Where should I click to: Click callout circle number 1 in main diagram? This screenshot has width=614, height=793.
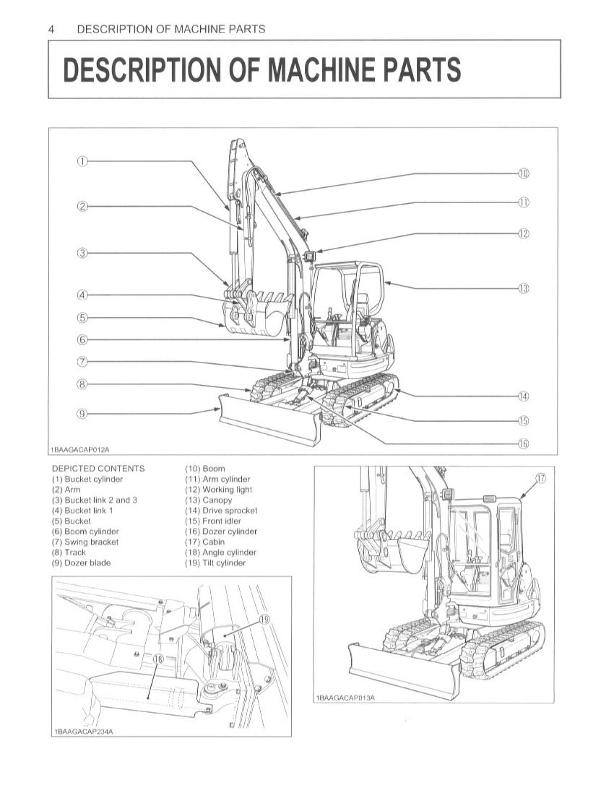(82, 161)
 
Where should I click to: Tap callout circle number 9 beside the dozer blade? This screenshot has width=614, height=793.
(82, 414)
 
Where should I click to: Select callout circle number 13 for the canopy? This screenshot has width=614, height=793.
(524, 288)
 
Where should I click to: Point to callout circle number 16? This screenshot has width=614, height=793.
(524, 444)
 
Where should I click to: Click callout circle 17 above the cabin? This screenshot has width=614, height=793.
(540, 478)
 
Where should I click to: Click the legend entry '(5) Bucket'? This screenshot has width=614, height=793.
(72, 521)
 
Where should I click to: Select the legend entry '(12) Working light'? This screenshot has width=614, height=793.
(219, 490)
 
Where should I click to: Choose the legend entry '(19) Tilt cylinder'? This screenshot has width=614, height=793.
(216, 563)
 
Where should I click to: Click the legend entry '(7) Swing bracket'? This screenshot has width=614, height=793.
(85, 542)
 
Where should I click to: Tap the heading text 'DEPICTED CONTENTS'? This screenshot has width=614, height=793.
(98, 468)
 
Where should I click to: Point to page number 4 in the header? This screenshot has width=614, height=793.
(51, 29)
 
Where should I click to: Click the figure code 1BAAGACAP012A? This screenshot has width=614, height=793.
(80, 450)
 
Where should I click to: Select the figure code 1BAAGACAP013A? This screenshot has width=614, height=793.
(346, 698)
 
